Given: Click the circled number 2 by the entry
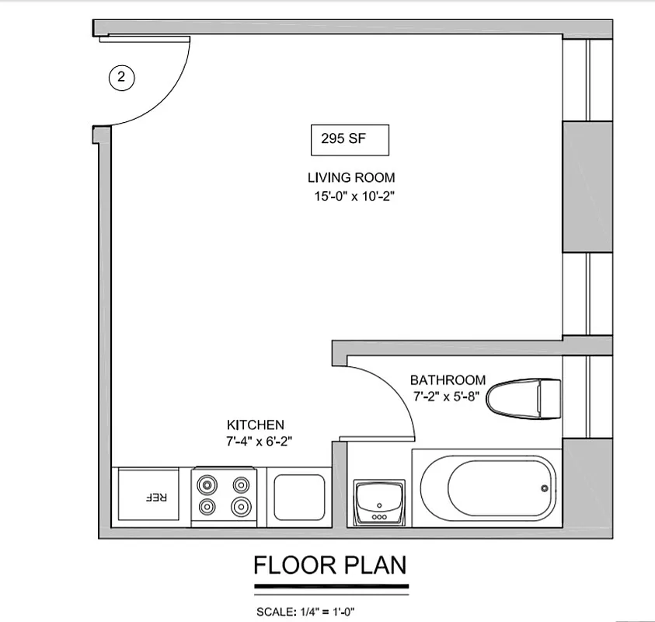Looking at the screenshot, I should (x=120, y=77).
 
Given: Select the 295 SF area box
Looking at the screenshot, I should (x=348, y=140).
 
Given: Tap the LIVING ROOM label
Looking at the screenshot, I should (x=351, y=177).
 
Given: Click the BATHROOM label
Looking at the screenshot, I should (x=448, y=380).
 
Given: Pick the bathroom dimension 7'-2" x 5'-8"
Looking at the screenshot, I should (x=448, y=396).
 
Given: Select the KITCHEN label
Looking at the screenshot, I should (x=255, y=425).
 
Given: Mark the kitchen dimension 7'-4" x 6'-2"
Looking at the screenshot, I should (x=259, y=442).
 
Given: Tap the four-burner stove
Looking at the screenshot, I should (x=223, y=496).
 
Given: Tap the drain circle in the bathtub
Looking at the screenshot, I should (x=544, y=488).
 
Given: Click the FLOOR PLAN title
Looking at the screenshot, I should (x=329, y=565).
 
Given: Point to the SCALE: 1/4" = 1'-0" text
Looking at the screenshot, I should (x=305, y=612).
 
